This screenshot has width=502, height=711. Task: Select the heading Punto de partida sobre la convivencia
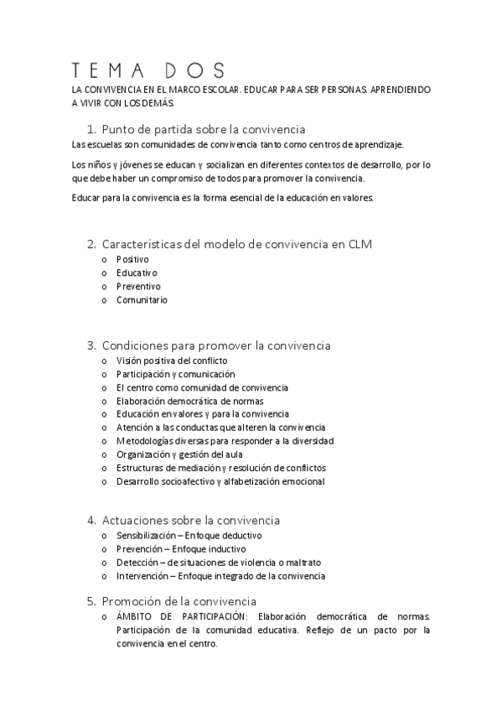(x=203, y=129)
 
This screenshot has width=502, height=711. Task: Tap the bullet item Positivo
(x=132, y=260)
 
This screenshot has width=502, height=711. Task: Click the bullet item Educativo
(x=137, y=273)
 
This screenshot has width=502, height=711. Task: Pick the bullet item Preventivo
(x=138, y=287)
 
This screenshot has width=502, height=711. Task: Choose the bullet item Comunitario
(x=142, y=300)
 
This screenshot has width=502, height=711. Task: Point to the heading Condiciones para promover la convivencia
(x=215, y=345)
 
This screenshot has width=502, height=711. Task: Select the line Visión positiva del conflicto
(x=172, y=361)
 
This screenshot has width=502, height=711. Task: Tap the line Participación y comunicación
(x=175, y=374)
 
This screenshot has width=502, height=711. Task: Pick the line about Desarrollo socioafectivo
(x=220, y=481)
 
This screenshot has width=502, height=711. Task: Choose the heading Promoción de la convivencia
(x=179, y=601)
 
